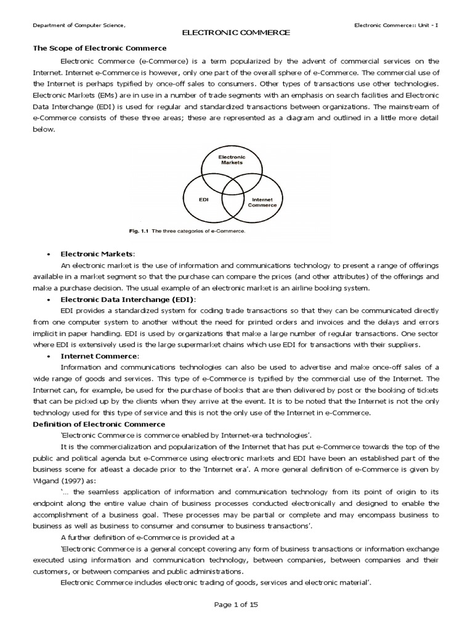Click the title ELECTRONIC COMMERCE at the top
click(236, 33)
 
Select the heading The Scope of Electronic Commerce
click(99, 48)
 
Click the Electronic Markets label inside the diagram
click(232, 160)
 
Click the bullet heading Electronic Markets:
click(97, 254)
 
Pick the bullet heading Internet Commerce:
click(100, 356)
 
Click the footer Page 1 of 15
click(236, 605)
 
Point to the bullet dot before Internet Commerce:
click(48, 356)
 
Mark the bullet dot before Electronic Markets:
click(48, 254)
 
